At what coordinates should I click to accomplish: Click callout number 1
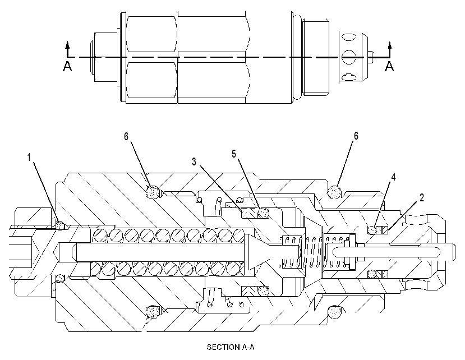tap(29, 158)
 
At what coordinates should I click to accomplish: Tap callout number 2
tap(422, 197)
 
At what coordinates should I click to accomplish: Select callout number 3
tap(194, 161)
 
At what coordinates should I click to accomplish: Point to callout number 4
tap(393, 177)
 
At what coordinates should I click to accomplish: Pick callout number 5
tap(234, 154)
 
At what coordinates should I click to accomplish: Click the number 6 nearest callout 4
tap(356, 136)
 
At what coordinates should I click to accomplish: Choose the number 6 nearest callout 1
tap(126, 136)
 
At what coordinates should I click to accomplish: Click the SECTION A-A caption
tap(231, 347)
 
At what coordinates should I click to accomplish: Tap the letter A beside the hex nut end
tap(67, 66)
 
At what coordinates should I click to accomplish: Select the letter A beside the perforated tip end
tap(389, 66)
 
